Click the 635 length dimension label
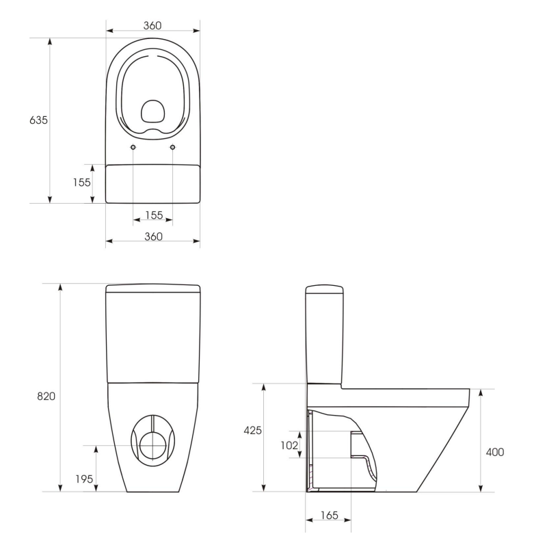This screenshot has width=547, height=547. [x=38, y=120]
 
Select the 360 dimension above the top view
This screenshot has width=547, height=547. [x=152, y=25]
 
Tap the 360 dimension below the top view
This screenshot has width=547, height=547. [x=153, y=236]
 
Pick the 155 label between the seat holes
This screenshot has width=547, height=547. [x=153, y=215]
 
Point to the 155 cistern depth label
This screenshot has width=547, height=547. [x=82, y=182]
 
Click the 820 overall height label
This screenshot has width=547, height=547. [x=46, y=397]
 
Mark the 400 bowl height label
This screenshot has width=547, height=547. [x=494, y=452]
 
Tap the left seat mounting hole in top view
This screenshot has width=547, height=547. [x=133, y=147]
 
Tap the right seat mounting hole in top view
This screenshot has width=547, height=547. [x=172, y=147]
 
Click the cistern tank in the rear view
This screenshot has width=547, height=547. [x=153, y=338]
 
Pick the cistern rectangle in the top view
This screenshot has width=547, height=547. [x=153, y=183]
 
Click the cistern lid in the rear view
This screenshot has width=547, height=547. [x=153, y=288]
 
